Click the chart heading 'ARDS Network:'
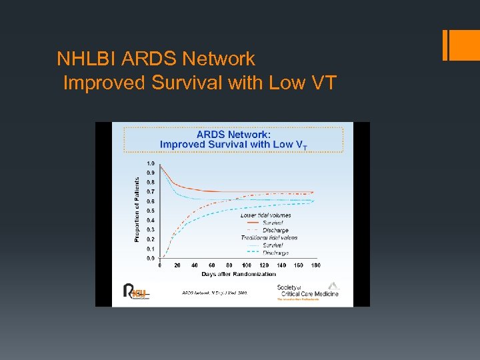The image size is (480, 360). [x=233, y=133]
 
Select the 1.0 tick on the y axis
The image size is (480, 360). [x=151, y=163]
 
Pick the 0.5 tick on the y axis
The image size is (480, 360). [x=151, y=211]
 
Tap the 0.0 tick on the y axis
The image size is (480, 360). [x=151, y=258]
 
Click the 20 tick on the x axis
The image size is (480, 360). [x=177, y=265]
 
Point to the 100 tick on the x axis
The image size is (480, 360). [x=247, y=265]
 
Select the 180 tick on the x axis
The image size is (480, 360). [x=315, y=265]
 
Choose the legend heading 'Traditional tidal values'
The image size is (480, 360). [x=269, y=237]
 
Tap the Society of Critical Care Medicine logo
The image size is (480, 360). [x=307, y=291]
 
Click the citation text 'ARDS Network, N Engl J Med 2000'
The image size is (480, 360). [x=215, y=293]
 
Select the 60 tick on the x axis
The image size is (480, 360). [x=212, y=265]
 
